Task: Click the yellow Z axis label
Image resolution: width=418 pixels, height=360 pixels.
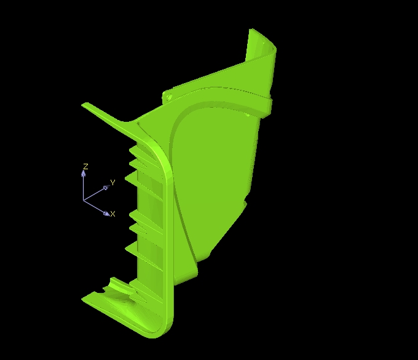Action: (x=85, y=167)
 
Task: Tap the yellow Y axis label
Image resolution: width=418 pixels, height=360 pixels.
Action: (x=112, y=183)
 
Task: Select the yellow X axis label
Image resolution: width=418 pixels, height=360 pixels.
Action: (x=112, y=214)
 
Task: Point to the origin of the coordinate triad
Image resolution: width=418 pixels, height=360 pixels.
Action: (x=84, y=200)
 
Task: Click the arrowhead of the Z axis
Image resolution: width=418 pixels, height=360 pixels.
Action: (x=84, y=173)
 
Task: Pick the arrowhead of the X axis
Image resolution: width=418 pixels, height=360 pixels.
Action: (x=106, y=213)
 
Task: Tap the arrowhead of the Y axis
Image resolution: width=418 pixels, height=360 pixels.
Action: (x=106, y=187)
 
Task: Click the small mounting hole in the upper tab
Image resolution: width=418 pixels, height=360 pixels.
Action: (x=168, y=97)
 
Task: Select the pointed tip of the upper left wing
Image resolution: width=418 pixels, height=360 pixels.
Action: (x=82, y=105)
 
